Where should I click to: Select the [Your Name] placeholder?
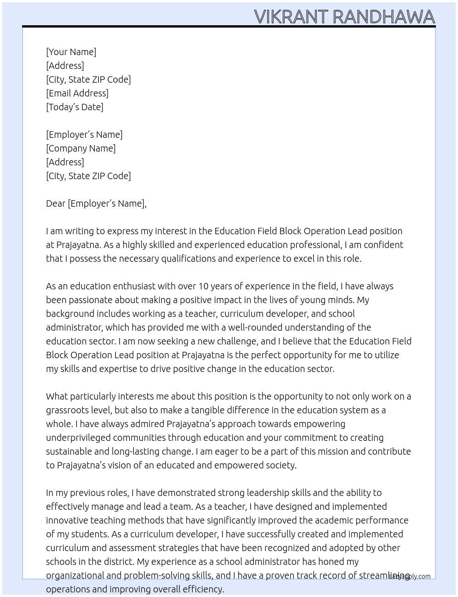(71, 52)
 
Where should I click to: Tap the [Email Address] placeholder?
(77, 93)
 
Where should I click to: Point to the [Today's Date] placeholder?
(74, 107)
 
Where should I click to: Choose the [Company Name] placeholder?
(80, 148)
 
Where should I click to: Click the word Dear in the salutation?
(56, 203)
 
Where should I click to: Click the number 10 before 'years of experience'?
(203, 286)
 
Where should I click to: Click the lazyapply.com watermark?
(410, 576)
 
